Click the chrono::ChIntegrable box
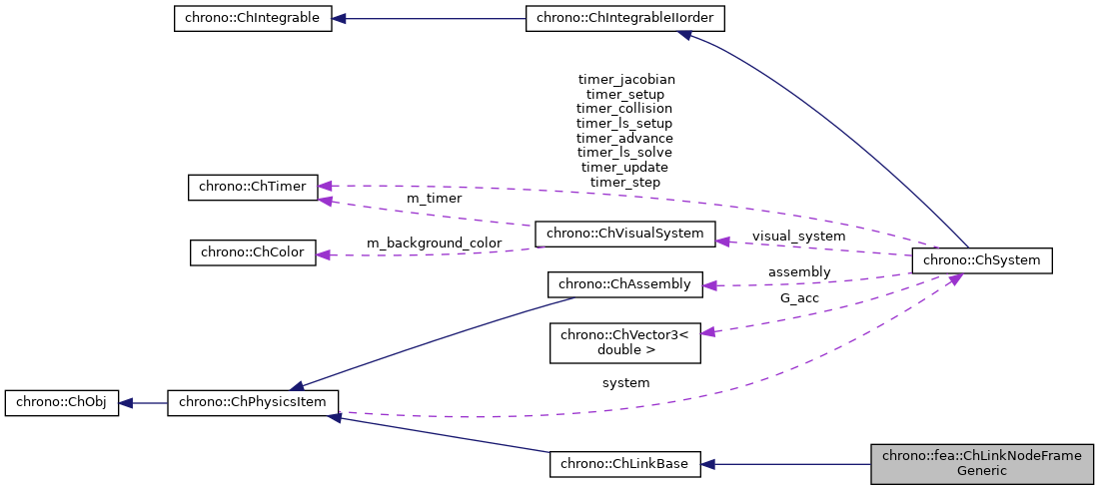pyautogui.click(x=253, y=19)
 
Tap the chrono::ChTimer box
pyautogui.click(x=253, y=187)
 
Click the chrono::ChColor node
pyautogui.click(x=253, y=252)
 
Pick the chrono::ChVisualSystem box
pyautogui.click(x=625, y=235)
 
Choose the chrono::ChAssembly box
pyautogui.click(x=625, y=284)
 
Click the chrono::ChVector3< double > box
pyautogui.click(x=625, y=342)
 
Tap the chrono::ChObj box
pyautogui.click(x=62, y=403)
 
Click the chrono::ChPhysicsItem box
pyautogui.click(x=253, y=403)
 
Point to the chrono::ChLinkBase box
pyautogui.click(x=625, y=464)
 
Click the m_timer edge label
pyautogui.click(x=434, y=199)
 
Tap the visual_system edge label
pyautogui.click(x=798, y=237)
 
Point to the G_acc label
pyautogui.click(x=798, y=297)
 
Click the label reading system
pyautogui.click(x=625, y=383)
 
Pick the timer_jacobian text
pyautogui.click(x=625, y=78)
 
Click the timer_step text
pyautogui.click(x=625, y=183)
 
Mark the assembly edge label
pyautogui.click(x=798, y=271)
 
